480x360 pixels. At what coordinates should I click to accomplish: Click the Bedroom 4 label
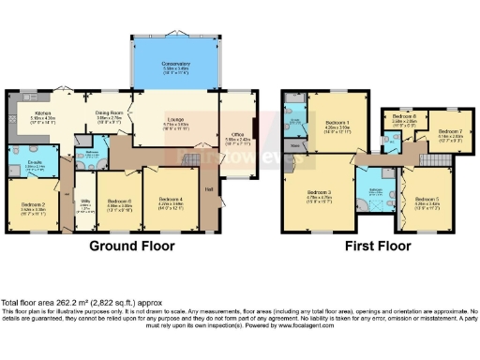tap(170, 199)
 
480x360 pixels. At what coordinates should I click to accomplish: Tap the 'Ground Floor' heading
tap(129, 247)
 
